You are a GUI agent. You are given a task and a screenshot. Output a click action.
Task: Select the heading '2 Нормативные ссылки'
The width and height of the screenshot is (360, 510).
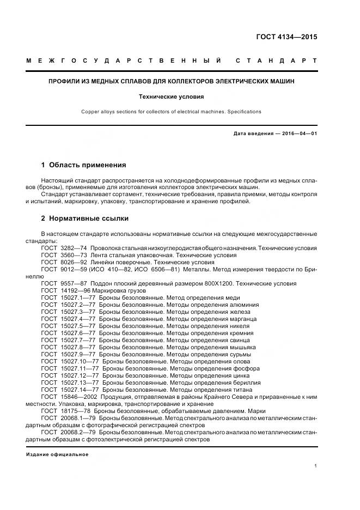point(85,218)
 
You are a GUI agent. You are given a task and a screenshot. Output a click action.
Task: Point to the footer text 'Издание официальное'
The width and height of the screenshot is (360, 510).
point(57,454)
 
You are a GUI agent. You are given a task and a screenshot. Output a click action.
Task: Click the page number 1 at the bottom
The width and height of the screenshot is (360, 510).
point(316,466)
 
